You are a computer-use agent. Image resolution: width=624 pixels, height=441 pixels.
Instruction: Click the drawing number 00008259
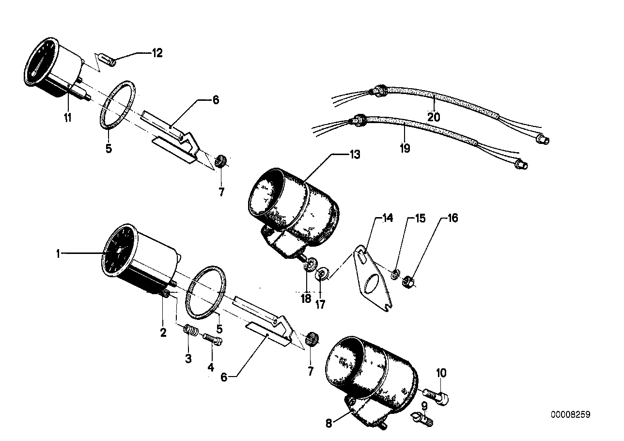(570, 415)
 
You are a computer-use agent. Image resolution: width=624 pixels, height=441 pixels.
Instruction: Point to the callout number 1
(58, 253)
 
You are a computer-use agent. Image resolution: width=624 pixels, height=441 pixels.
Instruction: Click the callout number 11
(67, 117)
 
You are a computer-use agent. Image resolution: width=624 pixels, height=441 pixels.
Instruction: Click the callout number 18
(306, 299)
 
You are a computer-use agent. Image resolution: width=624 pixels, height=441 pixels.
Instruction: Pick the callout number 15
(420, 219)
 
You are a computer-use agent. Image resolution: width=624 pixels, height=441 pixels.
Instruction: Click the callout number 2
(163, 332)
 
